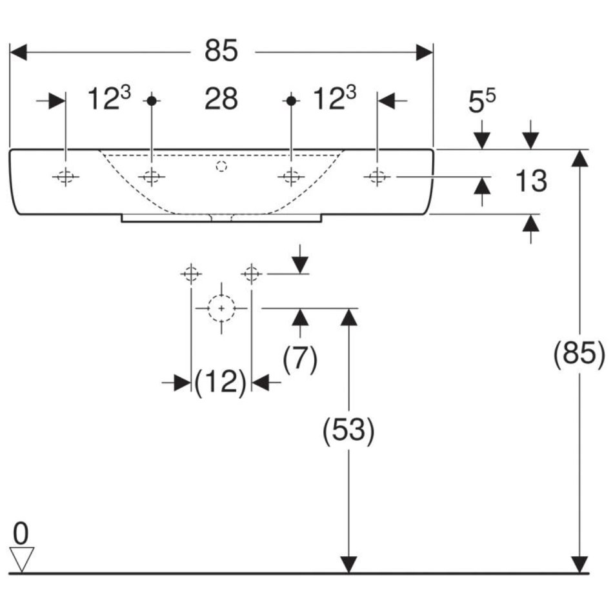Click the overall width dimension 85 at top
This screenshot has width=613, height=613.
221,51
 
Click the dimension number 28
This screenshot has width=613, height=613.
221,100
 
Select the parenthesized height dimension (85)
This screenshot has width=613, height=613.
579,354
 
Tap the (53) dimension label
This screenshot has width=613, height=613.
348,430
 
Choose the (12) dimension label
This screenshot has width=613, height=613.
221,383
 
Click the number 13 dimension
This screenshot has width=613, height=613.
531,181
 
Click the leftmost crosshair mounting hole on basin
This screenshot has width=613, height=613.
66,176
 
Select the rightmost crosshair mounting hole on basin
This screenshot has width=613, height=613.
377,176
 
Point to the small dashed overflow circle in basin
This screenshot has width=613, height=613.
221,166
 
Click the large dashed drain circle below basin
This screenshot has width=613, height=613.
221,308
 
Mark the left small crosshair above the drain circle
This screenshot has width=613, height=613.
191,274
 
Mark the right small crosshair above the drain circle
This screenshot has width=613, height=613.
252,274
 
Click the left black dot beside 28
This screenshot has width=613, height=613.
152,100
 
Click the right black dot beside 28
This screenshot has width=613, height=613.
292,100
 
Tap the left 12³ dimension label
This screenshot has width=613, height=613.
109,100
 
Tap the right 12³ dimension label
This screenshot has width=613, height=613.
334,100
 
